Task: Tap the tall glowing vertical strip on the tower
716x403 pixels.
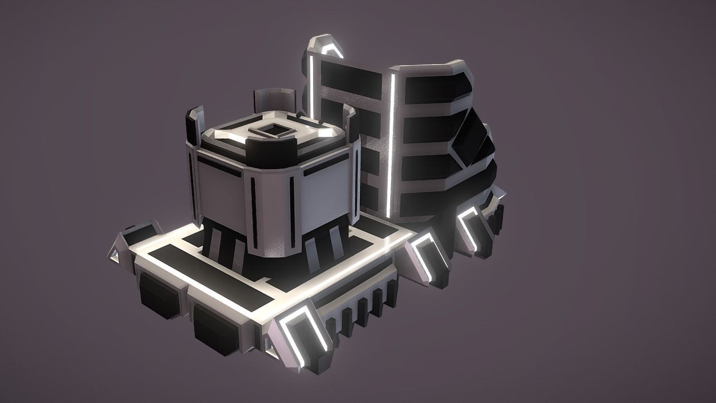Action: tap(391, 145)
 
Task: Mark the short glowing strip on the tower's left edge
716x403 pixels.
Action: tap(311, 87)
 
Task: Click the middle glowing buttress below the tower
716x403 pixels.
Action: tap(427, 257)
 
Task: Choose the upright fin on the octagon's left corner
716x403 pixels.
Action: tap(195, 126)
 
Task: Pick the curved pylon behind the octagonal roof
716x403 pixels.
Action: tap(273, 100)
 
